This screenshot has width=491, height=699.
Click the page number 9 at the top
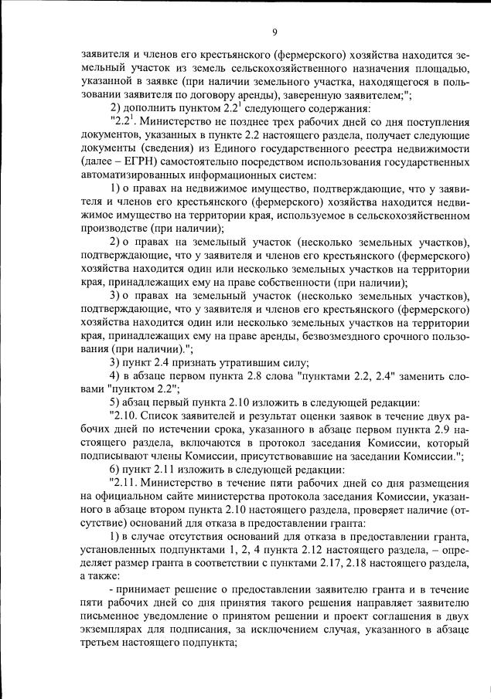274,31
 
